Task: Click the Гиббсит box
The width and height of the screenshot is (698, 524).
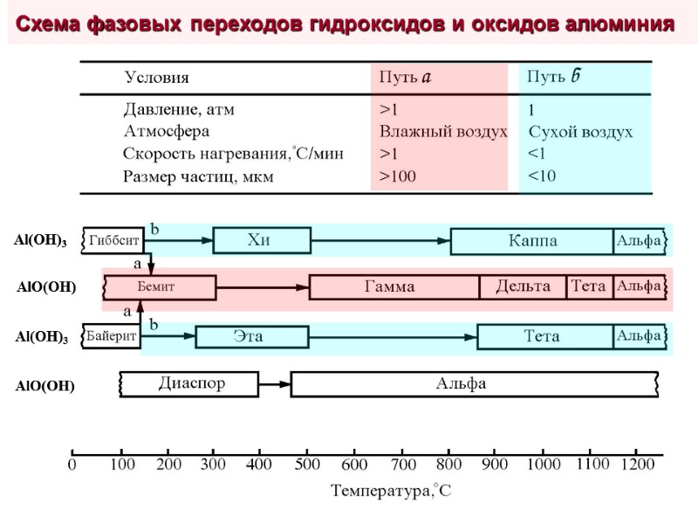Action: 113,239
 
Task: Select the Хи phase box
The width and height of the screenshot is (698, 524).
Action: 261,240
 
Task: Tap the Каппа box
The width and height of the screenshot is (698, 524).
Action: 531,240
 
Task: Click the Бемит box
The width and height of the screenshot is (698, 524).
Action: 160,287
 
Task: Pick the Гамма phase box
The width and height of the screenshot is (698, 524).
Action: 393,287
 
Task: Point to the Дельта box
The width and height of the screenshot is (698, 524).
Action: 523,286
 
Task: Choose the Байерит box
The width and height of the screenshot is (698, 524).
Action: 111,336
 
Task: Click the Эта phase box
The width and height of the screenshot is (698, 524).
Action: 251,336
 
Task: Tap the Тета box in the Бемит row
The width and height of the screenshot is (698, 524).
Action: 590,286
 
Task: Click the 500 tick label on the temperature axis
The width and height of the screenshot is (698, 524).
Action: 307,465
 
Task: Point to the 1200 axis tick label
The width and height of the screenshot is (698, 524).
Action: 637,465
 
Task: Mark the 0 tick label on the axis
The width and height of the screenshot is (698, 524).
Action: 72,465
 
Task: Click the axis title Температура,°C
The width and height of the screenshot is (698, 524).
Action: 391,492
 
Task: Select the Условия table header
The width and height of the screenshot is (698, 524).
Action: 157,78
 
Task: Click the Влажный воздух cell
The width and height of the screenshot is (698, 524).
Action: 442,132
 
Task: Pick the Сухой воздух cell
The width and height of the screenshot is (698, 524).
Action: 580,133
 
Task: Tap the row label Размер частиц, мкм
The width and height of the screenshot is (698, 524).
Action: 199,176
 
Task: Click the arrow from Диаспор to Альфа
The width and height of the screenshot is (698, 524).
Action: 275,384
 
